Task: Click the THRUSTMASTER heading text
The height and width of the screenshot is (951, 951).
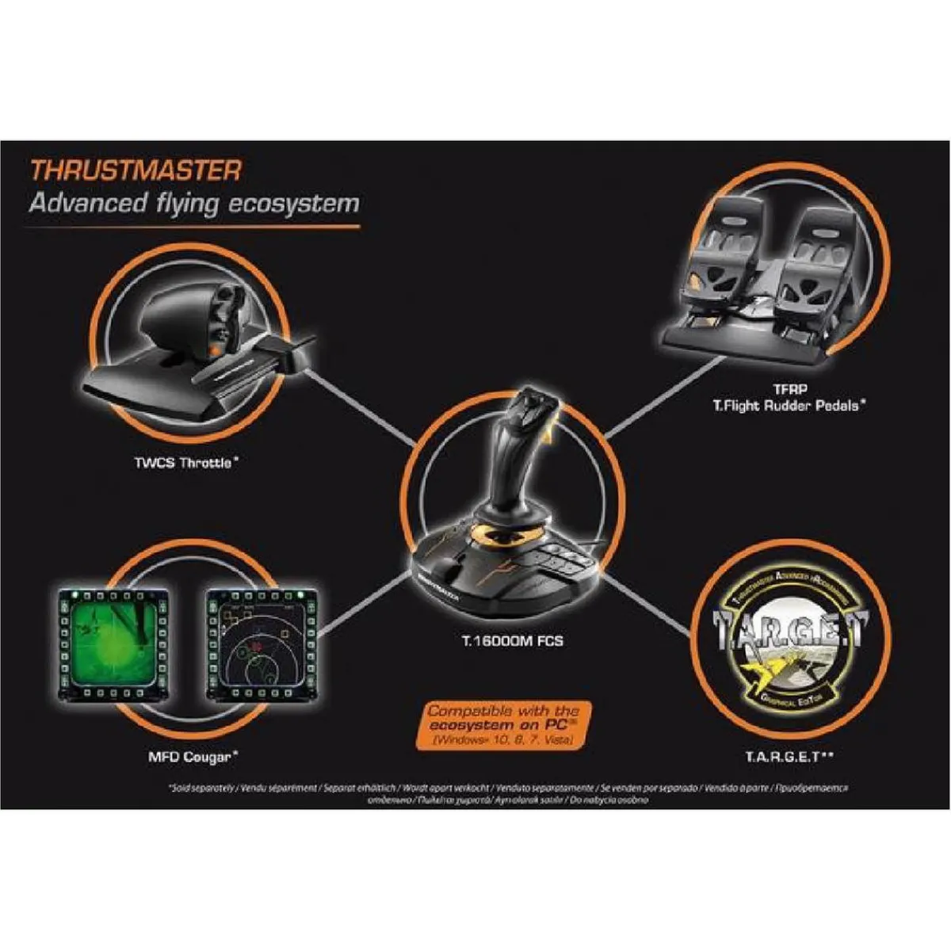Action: coord(135,170)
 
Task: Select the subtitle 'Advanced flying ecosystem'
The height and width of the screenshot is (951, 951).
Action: coord(194,204)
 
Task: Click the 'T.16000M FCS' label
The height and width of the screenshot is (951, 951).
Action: coord(512,640)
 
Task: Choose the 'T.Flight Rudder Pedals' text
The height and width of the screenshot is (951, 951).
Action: coord(788,406)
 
